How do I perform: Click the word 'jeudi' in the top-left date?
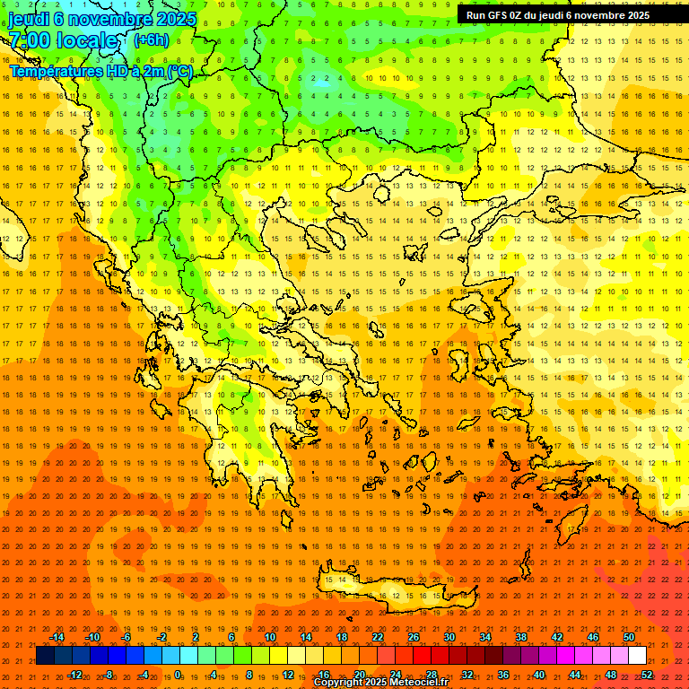click(29, 19)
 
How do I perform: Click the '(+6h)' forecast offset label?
click(151, 40)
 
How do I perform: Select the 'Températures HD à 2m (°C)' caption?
click(101, 71)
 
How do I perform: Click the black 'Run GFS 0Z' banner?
click(558, 15)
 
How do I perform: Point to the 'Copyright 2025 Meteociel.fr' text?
click(380, 683)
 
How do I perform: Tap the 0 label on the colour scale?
click(178, 675)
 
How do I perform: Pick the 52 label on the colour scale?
click(647, 675)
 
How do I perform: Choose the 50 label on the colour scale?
click(629, 637)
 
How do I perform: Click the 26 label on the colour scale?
click(414, 637)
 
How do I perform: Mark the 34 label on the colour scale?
click(485, 637)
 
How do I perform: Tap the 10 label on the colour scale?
click(270, 637)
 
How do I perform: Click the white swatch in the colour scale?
click(637, 656)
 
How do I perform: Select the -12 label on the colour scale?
click(74, 675)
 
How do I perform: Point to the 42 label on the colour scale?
click(557, 637)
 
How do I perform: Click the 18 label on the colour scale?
click(342, 637)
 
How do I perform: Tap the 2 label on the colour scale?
click(196, 637)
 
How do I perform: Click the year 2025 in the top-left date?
click(175, 19)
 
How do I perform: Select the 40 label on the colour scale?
click(539, 675)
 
